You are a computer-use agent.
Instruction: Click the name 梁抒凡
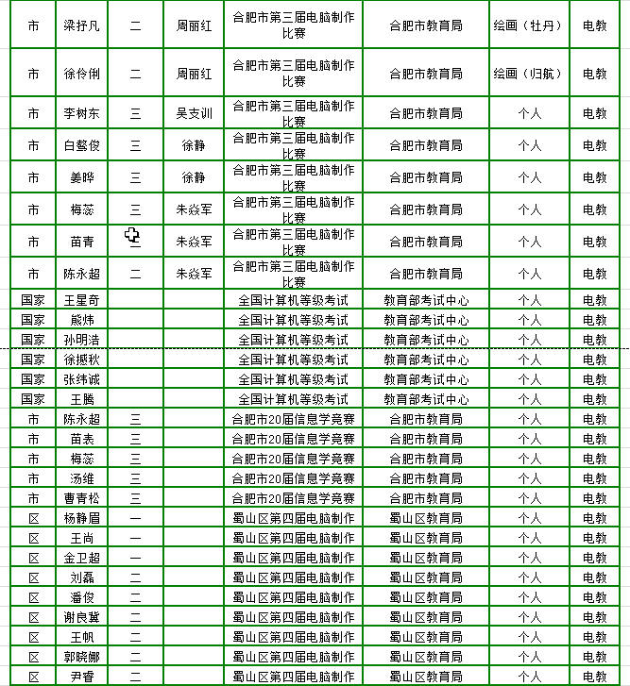click(81, 25)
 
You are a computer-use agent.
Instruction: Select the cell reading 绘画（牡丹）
click(529, 25)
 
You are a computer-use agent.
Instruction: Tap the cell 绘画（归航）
click(529, 73)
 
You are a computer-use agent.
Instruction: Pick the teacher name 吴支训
click(194, 113)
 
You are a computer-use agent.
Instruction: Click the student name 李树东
click(81, 113)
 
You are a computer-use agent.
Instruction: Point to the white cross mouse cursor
click(133, 236)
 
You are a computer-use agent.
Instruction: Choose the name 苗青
click(81, 242)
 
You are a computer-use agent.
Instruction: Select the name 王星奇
click(81, 300)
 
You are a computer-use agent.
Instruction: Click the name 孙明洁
click(81, 340)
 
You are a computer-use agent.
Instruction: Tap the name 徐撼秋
click(81, 360)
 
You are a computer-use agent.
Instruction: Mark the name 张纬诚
click(81, 379)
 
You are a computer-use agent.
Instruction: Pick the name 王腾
click(81, 399)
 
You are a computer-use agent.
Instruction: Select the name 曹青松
click(81, 498)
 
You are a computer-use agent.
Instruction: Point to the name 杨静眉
click(81, 518)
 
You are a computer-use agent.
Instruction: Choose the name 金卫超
click(81, 558)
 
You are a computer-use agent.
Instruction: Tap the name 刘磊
click(81, 577)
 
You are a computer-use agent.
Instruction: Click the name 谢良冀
click(81, 617)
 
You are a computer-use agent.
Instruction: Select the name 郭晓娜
click(81, 657)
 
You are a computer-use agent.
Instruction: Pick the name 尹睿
click(81, 677)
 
